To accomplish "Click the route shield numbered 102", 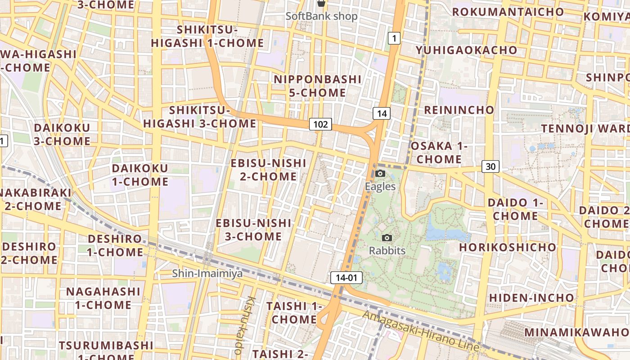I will [320, 124].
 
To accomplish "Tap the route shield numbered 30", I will [490, 166].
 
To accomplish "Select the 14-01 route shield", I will [346, 278].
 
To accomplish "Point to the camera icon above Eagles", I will [380, 174].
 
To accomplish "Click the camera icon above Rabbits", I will [387, 238].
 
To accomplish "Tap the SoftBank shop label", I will [322, 16].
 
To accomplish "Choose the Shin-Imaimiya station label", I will [207, 273].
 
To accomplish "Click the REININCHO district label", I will [459, 110].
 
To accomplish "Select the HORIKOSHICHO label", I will [508, 247].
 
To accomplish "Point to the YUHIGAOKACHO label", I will [466, 50].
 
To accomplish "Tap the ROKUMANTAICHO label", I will [508, 12].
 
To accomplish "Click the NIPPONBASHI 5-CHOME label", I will [318, 86].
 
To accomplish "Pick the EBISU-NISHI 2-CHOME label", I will [268, 170].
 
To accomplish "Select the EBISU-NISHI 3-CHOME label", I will [253, 229].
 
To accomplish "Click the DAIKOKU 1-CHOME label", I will [140, 175].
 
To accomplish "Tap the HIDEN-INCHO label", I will [531, 297].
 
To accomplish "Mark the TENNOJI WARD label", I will [585, 129].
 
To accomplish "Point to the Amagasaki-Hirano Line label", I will [421, 331].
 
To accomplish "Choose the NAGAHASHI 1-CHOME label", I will [103, 298].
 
